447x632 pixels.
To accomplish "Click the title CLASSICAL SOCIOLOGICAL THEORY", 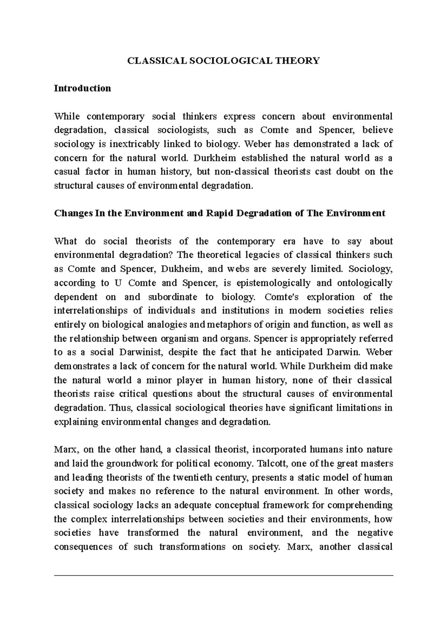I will click(223, 61).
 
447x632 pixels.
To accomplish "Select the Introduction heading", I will click(82, 89).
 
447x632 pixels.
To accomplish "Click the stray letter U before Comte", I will click(118, 283).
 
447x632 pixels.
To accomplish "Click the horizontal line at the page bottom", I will click(223, 575).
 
